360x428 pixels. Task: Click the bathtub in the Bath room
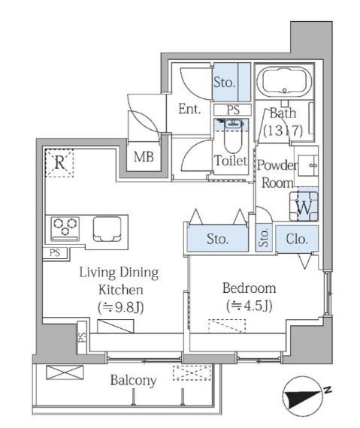pos(284,81)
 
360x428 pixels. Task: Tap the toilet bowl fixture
pos(233,137)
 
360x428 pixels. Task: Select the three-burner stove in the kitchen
pos(65,229)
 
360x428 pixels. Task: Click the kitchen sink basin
pos(107,229)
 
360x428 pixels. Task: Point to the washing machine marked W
pos(304,206)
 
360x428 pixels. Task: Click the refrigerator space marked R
pos(59,163)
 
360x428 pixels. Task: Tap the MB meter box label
pos(144,157)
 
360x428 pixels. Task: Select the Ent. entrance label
pos(189,109)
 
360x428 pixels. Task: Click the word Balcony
pos(133,380)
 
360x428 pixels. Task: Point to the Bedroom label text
pos(249,288)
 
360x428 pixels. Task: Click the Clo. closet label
pos(297,239)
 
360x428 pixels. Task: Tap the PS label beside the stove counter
pos(55,253)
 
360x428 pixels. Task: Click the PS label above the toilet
pos(233,110)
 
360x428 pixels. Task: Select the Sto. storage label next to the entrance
pos(224,82)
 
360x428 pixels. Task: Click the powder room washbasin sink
pos(308,165)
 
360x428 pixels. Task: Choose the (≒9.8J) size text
pos(121,308)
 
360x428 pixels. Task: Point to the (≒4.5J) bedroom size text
pos(249,306)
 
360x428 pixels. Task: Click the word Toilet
pos(231,161)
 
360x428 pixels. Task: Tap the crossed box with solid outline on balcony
pos(65,372)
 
